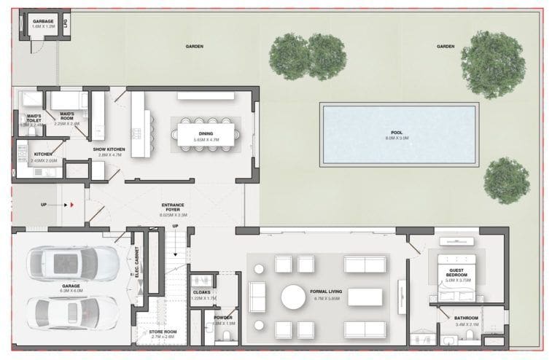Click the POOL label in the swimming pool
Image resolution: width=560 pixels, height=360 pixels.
pos(397,133)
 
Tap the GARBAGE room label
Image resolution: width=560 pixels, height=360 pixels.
pos(43,22)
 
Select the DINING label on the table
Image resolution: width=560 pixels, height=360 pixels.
pos(205,133)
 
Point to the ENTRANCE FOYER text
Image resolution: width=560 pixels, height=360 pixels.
pos(173,206)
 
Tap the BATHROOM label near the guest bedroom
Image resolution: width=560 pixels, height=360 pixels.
pos(466,318)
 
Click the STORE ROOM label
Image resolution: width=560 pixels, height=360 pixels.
pos(163,334)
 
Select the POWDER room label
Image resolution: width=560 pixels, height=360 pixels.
pos(223,318)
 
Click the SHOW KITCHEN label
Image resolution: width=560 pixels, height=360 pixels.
pos(109,149)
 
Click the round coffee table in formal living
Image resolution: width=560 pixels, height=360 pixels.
pos(295,297)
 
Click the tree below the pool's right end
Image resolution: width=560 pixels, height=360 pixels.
pos(506,180)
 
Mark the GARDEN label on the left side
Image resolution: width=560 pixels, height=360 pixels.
pos(194,47)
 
